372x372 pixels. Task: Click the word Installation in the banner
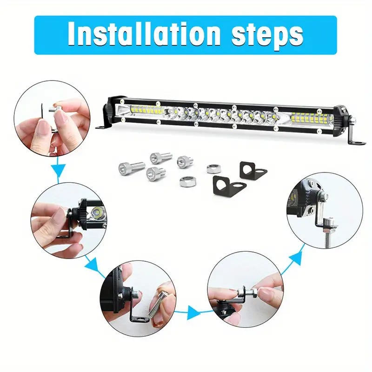(144, 33)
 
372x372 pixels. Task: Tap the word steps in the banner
(267, 36)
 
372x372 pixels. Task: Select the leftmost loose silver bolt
(132, 167)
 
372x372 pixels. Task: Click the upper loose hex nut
(213, 169)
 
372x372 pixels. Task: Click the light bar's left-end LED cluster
(147, 111)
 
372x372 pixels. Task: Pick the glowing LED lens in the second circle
(97, 211)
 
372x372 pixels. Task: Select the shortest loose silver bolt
(185, 160)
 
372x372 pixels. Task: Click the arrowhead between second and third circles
(93, 264)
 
